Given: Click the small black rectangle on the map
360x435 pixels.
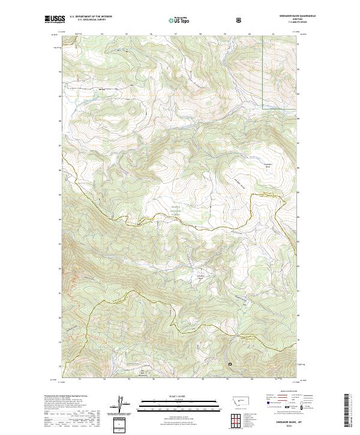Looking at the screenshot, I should tap(229, 364).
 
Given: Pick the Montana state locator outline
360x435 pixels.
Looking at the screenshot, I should tap(235, 400).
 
